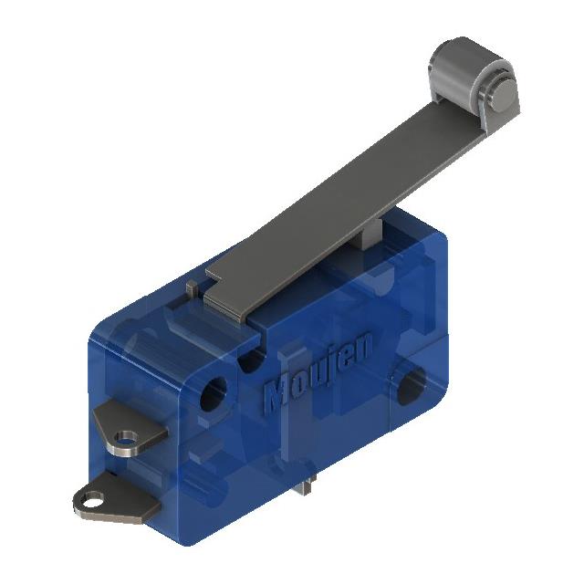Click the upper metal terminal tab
[x=126, y=429]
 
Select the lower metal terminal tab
[x=109, y=502]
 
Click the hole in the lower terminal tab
[x=91, y=500]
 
